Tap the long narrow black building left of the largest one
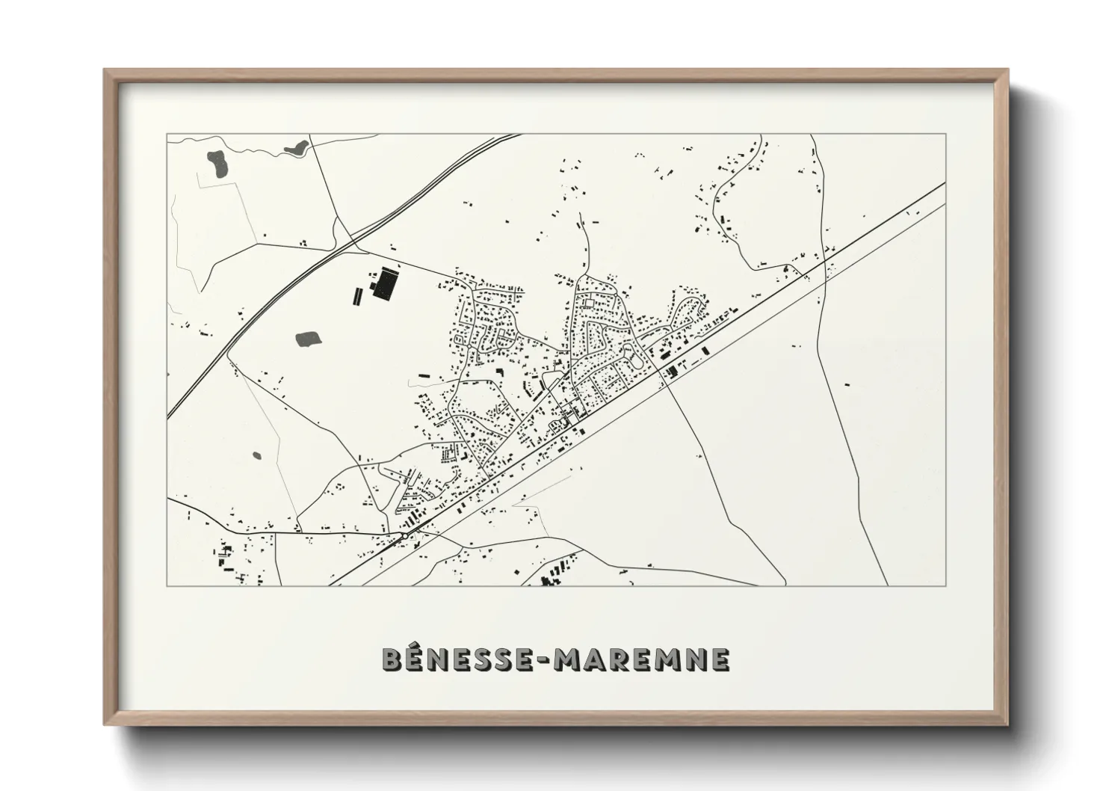357,294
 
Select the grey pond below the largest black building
308,339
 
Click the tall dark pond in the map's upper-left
217,162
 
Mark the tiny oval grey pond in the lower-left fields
258,455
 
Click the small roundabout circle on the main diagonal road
404,535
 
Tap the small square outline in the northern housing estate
587,304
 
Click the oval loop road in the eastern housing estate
637,360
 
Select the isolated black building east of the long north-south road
846,384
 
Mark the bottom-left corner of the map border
167,585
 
